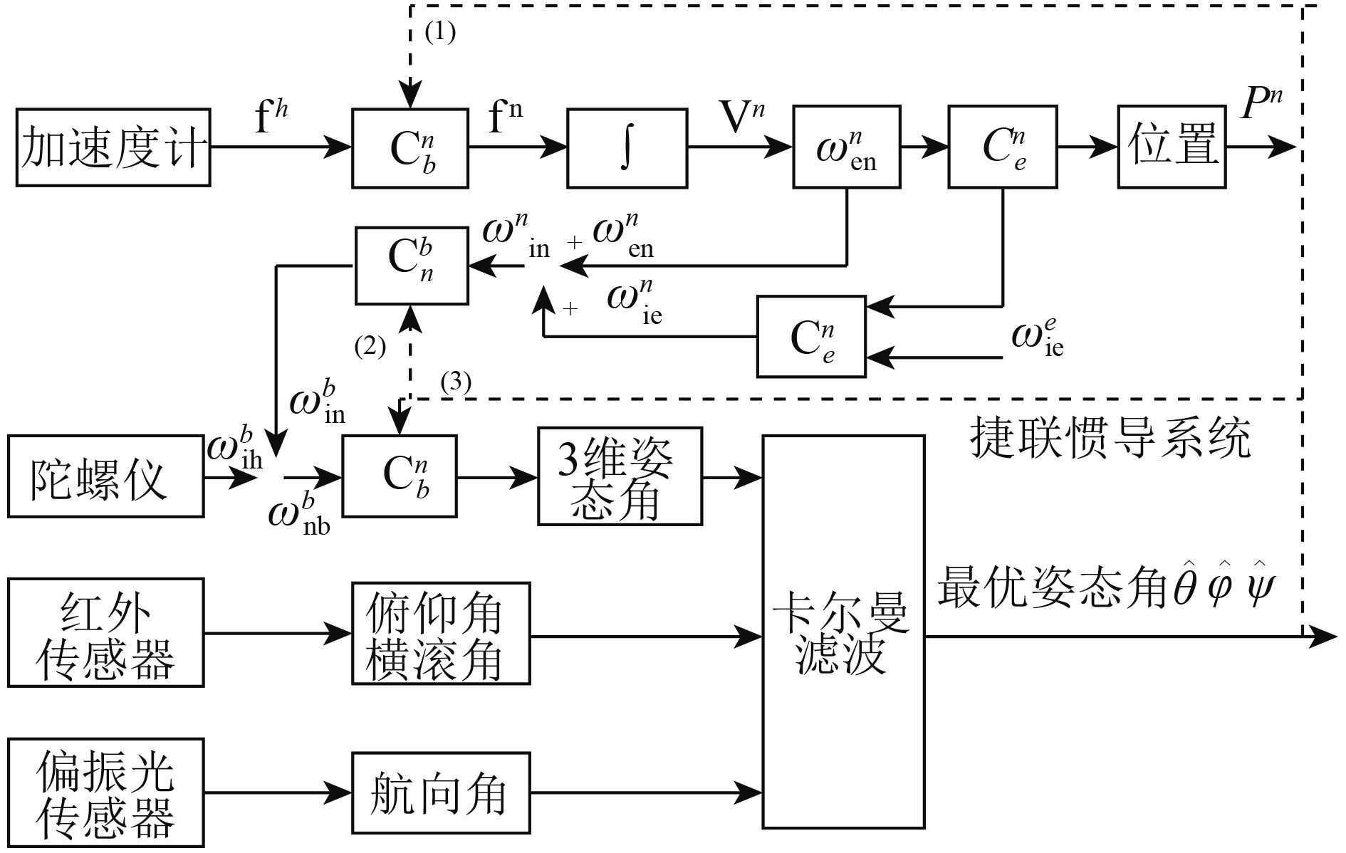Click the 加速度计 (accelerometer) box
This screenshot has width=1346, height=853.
pos(113,147)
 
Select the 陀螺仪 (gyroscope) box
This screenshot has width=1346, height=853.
pos(105,476)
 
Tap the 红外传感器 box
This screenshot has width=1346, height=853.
pos(105,632)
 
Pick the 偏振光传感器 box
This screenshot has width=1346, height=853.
pos(105,792)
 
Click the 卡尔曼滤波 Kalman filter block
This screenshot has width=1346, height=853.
pos(843,632)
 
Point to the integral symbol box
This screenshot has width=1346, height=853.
pos(627,148)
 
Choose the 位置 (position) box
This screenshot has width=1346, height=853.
pos(1172,147)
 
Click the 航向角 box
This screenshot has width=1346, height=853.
pos(441,792)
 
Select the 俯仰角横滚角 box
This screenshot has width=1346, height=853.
pos(441,633)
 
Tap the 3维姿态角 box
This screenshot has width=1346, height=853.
pos(620,476)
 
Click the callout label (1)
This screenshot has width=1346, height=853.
pos(439,32)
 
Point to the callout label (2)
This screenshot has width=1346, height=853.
pos(370,347)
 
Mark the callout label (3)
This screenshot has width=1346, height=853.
pos(456,382)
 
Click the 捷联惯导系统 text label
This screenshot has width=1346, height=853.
pos(1110,437)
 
